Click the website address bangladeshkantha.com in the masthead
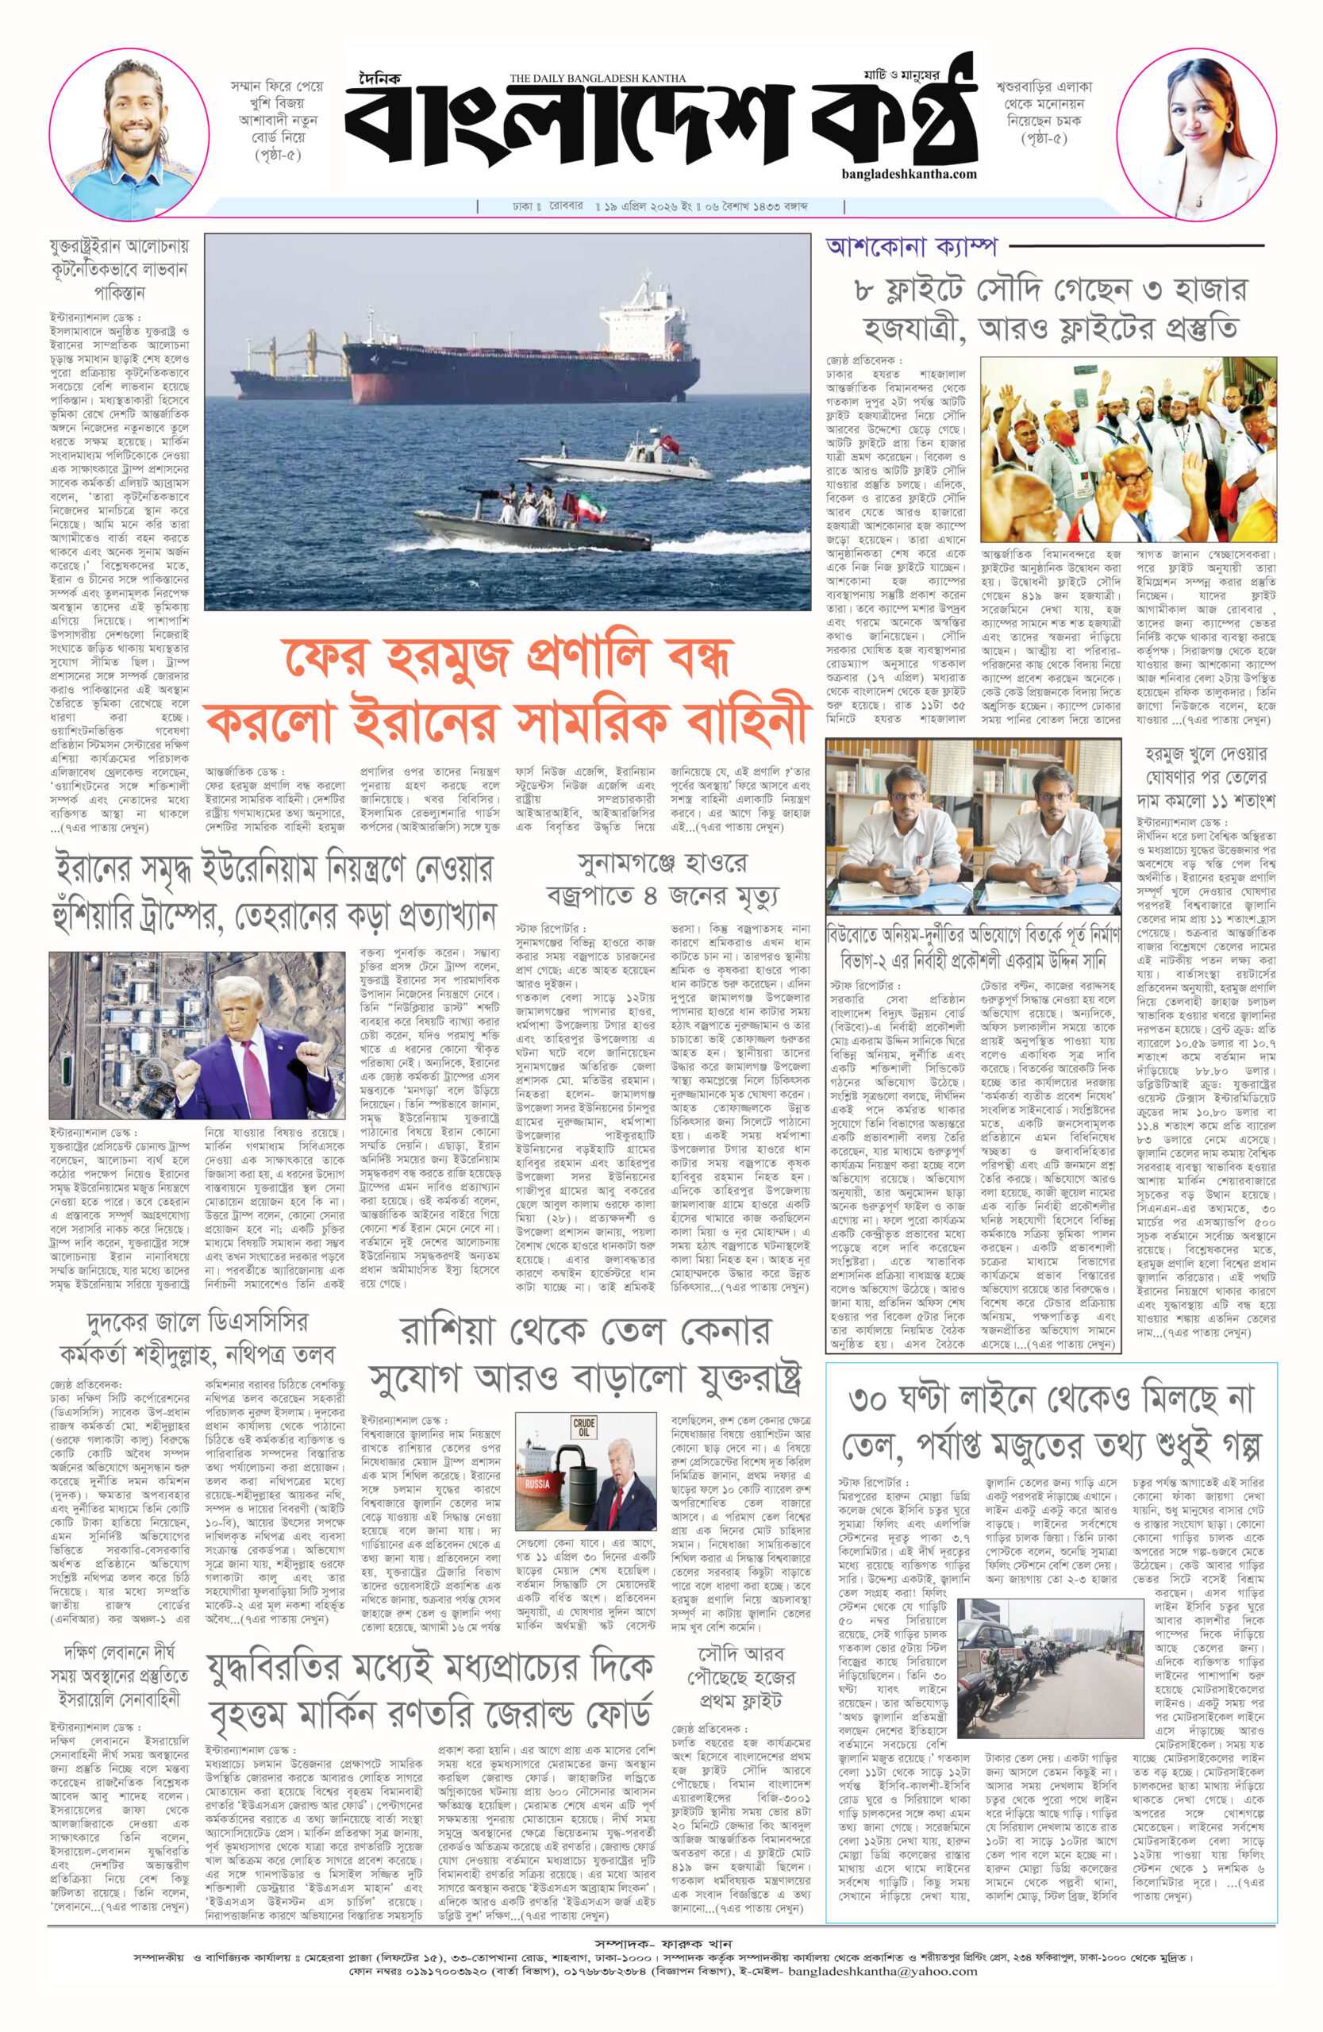(907, 173)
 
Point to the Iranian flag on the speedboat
(590, 508)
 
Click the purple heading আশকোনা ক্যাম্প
(911, 246)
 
